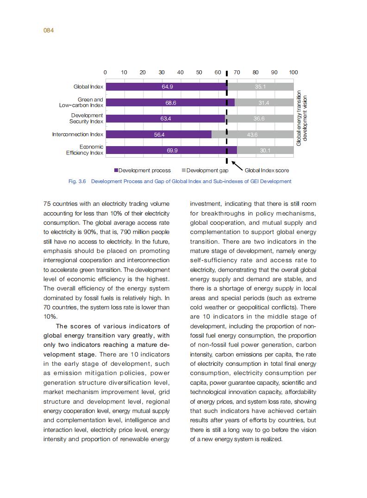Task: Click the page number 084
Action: tap(49, 30)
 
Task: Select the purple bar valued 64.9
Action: tap(166, 87)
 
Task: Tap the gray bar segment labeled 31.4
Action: tap(264, 103)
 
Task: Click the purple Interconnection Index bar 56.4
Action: tap(158, 135)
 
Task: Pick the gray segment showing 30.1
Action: tap(265, 150)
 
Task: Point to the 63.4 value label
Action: tap(165, 119)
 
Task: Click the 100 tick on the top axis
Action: tap(293, 72)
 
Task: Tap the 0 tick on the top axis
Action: tap(105, 72)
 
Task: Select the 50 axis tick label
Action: tap(199, 72)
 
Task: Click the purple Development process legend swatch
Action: tap(116, 170)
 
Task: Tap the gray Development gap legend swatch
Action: tap(184, 170)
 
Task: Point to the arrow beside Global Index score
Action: tap(236, 165)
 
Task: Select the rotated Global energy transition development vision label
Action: tap(302, 118)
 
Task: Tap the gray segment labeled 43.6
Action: tap(252, 135)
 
